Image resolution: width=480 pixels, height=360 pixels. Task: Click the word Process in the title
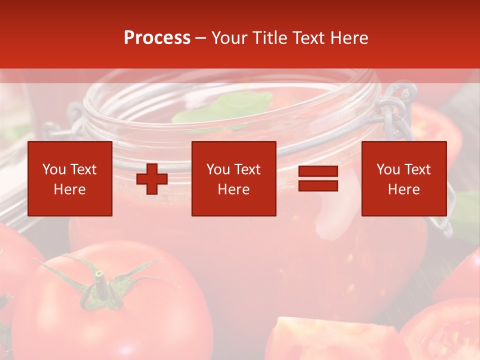157,38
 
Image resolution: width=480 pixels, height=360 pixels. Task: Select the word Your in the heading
229,38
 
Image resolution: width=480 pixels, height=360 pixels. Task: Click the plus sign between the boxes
152,179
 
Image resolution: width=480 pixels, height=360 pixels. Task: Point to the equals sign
318,178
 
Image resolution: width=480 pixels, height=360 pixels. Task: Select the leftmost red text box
70,178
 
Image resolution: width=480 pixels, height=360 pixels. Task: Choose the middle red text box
233,178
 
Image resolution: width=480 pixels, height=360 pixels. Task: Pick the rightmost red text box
403,178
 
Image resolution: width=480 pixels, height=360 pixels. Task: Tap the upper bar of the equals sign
318,171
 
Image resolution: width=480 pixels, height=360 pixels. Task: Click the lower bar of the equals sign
318,185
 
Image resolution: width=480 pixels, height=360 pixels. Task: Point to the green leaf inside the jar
225,107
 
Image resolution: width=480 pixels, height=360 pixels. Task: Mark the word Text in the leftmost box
83,169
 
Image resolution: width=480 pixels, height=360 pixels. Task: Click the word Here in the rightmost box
403,189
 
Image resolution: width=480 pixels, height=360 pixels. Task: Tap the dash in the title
200,38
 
